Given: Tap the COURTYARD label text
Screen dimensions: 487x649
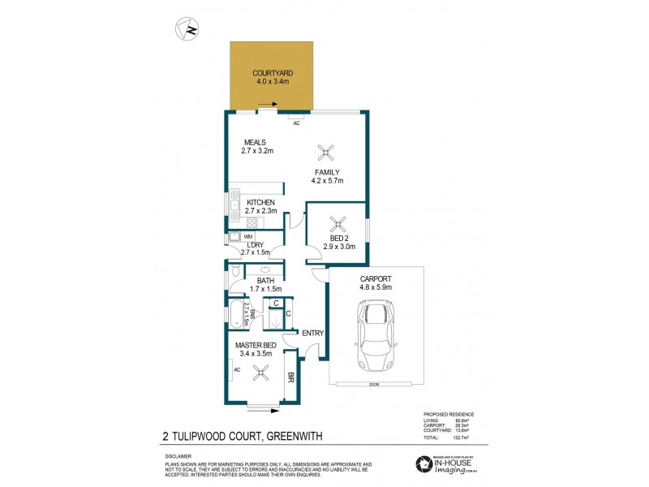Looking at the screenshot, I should (x=270, y=72).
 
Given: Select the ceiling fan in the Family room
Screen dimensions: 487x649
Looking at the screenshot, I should (x=326, y=151).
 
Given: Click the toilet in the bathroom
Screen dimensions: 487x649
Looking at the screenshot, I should (x=234, y=273).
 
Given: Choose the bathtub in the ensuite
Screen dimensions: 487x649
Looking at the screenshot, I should (x=235, y=312).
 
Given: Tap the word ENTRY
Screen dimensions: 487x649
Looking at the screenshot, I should (x=312, y=333).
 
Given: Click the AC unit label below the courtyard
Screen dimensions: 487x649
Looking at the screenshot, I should (x=296, y=123).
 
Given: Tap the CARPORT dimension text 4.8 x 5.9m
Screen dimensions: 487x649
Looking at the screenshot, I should (x=376, y=287).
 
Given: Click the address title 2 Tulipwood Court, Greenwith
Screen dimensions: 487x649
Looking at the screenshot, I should (x=243, y=437).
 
